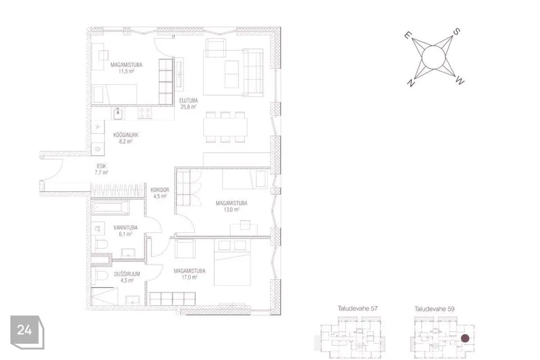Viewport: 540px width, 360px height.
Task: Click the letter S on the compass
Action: pyautogui.click(x=456, y=32)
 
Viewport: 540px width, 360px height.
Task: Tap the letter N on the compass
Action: pyautogui.click(x=410, y=83)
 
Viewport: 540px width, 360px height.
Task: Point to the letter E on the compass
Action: pyautogui.click(x=408, y=35)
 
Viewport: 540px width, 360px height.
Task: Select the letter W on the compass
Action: pyautogui.click(x=460, y=81)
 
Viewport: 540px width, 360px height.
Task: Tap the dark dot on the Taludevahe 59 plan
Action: pyautogui.click(x=465, y=338)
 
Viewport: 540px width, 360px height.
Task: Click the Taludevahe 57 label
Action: pyautogui.click(x=358, y=309)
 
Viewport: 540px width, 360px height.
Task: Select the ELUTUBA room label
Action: pyautogui.click(x=188, y=101)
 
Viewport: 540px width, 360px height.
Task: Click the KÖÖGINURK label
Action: pyautogui.click(x=125, y=135)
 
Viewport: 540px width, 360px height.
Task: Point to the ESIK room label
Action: pyautogui.click(x=101, y=166)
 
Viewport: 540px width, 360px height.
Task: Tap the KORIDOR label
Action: pyautogui.click(x=160, y=190)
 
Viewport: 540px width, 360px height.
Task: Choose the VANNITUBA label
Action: pyautogui.click(x=125, y=228)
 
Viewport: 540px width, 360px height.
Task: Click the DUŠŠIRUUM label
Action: pyautogui.click(x=127, y=274)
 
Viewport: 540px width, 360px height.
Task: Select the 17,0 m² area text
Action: pyautogui.click(x=190, y=277)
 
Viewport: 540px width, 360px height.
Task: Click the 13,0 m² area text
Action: pyautogui.click(x=231, y=209)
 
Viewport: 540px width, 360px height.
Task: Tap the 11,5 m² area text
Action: pyautogui.click(x=127, y=71)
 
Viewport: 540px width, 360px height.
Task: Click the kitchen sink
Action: pyautogui.click(x=118, y=113)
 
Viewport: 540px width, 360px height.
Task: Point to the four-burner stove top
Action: pyautogui.click(x=145, y=113)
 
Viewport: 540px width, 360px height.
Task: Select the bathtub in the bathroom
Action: pyautogui.click(x=111, y=208)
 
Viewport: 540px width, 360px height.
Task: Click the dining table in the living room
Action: pyautogui.click(x=225, y=127)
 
